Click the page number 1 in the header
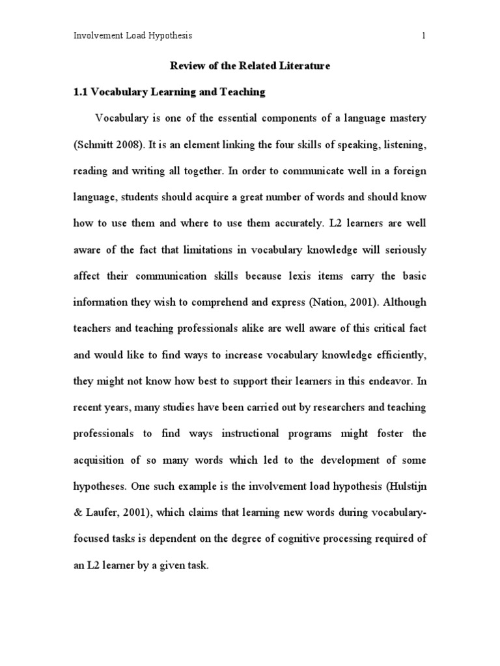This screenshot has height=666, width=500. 424,36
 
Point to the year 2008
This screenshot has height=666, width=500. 132,145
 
